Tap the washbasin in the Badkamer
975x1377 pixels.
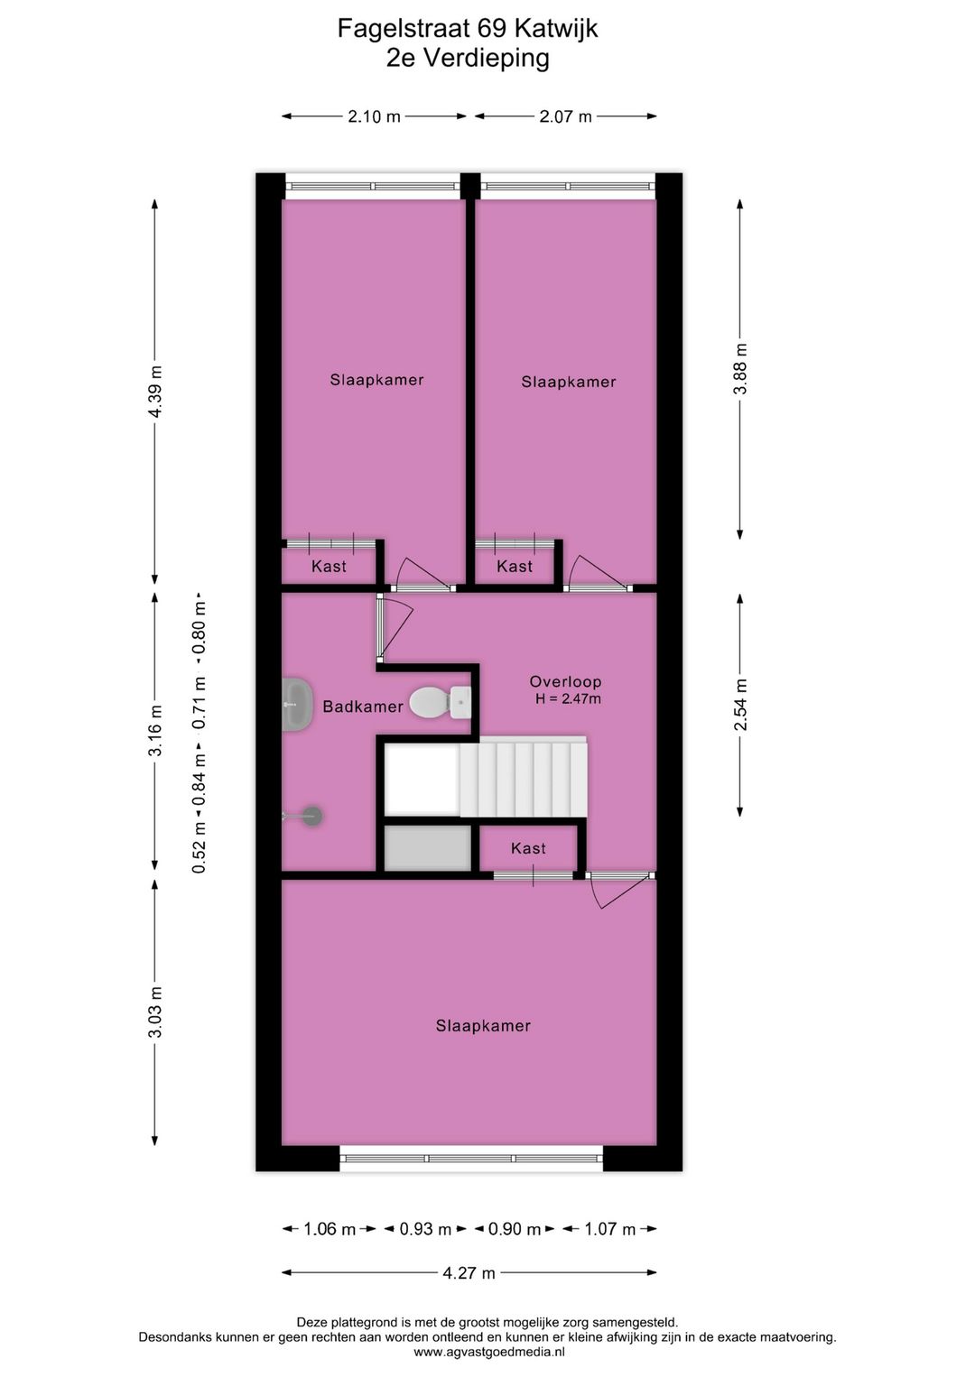point(295,704)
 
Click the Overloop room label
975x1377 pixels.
point(565,682)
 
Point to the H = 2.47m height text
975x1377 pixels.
point(568,698)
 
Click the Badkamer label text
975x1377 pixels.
point(363,707)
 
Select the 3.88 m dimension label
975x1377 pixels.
point(740,368)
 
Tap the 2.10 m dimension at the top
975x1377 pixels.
point(374,116)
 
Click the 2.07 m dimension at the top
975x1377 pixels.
point(566,116)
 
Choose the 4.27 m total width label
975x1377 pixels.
point(469,1273)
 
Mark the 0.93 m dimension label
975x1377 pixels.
point(425,1229)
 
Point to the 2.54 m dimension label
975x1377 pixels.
point(740,704)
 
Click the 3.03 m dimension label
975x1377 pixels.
point(155,1012)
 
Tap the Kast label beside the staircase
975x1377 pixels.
point(528,848)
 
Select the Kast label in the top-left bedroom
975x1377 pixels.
point(329,567)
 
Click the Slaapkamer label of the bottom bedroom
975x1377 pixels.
point(483,1026)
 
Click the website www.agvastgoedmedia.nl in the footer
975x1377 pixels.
point(488,1352)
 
